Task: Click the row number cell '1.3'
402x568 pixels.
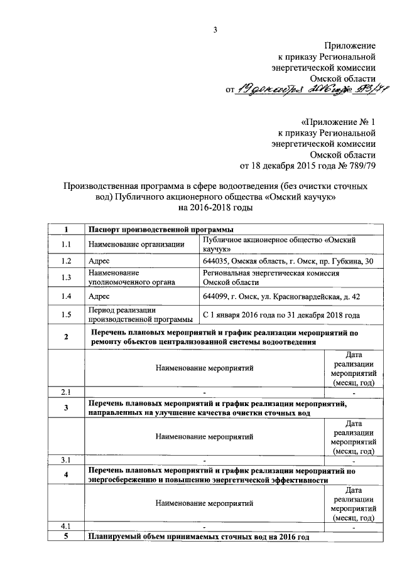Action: (x=66, y=278)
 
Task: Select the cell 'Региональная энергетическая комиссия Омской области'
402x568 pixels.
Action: (x=271, y=278)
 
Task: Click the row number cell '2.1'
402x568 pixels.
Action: (x=66, y=392)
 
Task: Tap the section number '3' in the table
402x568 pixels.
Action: (x=66, y=408)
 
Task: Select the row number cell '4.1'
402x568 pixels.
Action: (x=66, y=525)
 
